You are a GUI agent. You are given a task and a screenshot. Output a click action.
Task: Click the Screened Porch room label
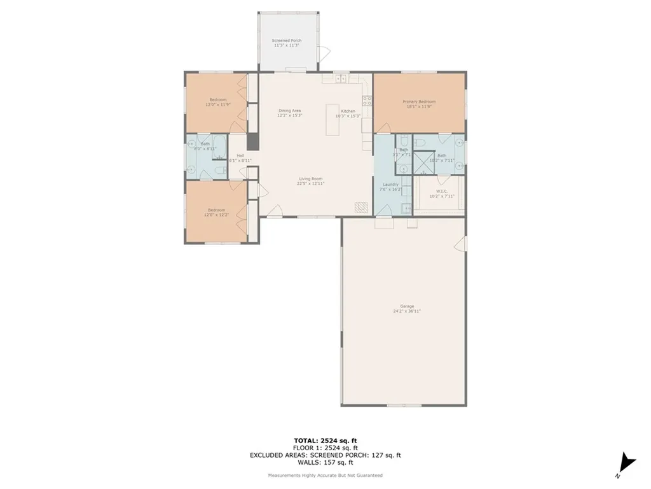[286, 41]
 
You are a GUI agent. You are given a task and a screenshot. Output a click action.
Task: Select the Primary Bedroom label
[418, 101]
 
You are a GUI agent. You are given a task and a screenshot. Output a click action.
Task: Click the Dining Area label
[290, 111]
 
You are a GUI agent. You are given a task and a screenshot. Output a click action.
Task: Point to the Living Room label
[310, 179]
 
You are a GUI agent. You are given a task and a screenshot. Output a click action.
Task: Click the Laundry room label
[390, 185]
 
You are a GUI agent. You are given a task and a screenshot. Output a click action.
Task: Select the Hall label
[240, 156]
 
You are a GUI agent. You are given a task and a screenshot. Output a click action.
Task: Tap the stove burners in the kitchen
[367, 100]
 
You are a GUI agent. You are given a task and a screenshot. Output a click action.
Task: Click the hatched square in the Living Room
[361, 208]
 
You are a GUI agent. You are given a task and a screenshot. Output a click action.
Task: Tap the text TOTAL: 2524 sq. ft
[325, 440]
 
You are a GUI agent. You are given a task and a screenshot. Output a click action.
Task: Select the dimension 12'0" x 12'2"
[216, 215]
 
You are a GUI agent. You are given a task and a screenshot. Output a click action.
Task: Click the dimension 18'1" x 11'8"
[418, 106]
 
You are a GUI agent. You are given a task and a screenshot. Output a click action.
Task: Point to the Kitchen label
[348, 111]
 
